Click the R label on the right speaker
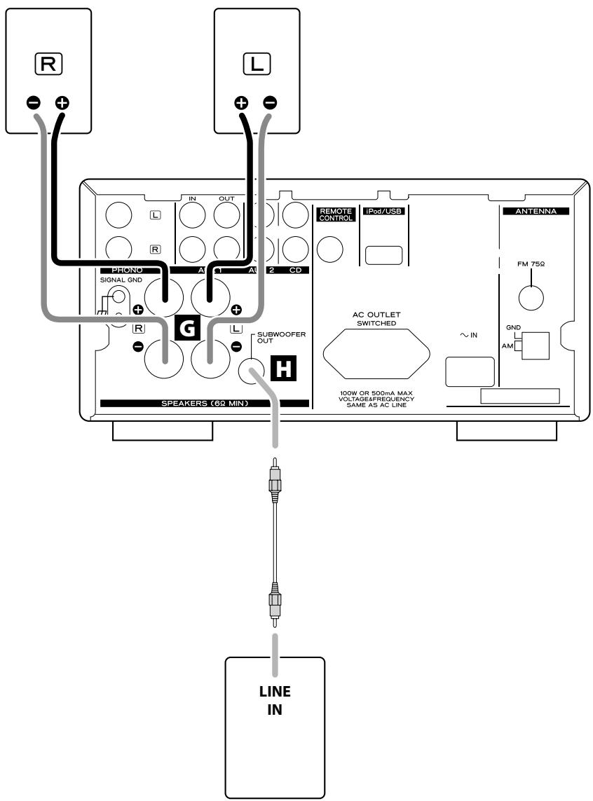click(48, 64)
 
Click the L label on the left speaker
click(257, 64)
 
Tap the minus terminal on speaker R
click(33, 103)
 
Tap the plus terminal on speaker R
click(62, 103)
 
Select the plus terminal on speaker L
click(241, 103)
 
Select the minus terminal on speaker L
click(270, 103)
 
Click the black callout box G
click(187, 328)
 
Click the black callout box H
click(283, 368)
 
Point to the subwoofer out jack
click(252, 371)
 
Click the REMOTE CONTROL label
click(336, 214)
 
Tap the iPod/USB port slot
click(384, 255)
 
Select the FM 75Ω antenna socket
click(531, 297)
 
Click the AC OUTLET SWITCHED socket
click(376, 354)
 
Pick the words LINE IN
click(275, 700)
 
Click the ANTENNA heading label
click(536, 211)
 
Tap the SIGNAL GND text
click(121, 280)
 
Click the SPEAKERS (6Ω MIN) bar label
click(205, 403)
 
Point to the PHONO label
click(127, 270)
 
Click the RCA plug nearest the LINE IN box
click(275, 605)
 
